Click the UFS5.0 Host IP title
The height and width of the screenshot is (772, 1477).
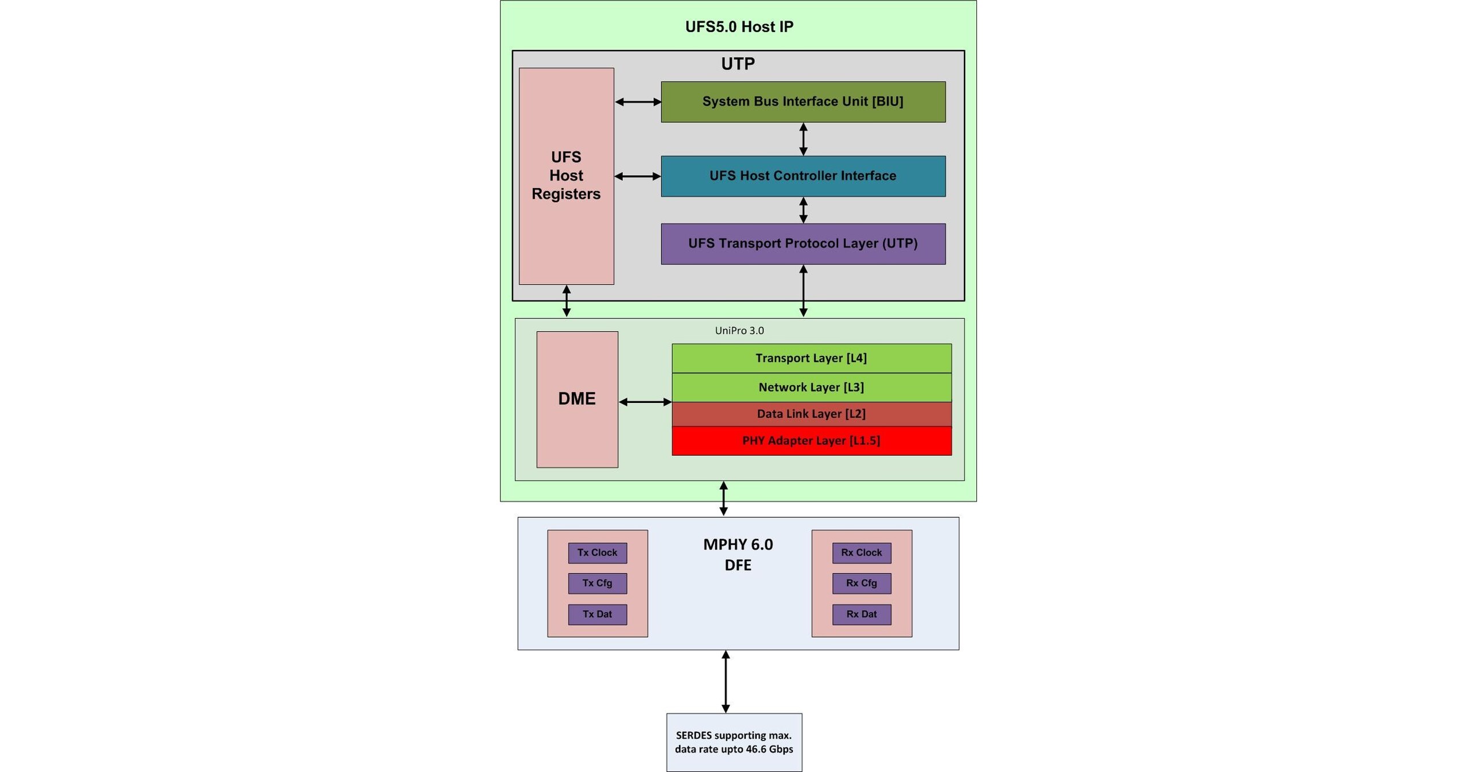[739, 27]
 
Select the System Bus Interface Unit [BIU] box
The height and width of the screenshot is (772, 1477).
[803, 102]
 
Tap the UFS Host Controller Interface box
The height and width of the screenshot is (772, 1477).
[803, 176]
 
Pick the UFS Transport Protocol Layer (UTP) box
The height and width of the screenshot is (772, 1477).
[803, 244]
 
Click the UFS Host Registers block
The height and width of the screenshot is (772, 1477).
[566, 176]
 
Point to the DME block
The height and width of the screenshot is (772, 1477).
[577, 399]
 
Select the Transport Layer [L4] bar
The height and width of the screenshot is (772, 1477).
[811, 358]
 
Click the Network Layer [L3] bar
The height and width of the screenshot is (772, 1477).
[811, 387]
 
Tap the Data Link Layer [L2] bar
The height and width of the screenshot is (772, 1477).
[811, 414]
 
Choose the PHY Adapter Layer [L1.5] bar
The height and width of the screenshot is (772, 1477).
[811, 441]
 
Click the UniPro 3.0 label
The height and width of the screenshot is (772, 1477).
[739, 331]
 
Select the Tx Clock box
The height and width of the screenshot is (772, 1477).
[597, 553]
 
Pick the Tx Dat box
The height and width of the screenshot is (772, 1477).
[597, 614]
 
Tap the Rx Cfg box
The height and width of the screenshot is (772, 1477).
[861, 583]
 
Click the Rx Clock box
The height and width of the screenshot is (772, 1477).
[861, 553]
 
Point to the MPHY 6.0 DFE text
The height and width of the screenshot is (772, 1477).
[738, 554]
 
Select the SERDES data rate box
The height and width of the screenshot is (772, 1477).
[734, 742]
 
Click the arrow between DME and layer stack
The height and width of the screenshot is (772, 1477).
[645, 402]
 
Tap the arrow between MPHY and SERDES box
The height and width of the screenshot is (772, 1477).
[726, 681]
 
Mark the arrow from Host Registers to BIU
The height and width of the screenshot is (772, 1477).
[638, 102]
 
